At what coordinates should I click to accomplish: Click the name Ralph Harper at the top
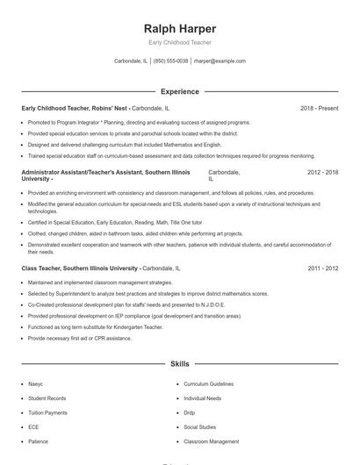(x=179, y=28)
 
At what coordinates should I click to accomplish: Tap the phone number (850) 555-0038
(x=171, y=61)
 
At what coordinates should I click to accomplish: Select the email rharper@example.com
(x=220, y=61)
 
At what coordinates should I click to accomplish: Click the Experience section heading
(x=179, y=91)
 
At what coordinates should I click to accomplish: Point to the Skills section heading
(x=179, y=362)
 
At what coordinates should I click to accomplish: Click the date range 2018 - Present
(x=319, y=108)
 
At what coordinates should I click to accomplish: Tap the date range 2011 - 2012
(x=323, y=268)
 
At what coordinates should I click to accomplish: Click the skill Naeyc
(x=35, y=384)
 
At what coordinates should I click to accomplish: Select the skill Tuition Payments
(x=47, y=412)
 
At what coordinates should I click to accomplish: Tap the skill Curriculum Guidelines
(x=208, y=384)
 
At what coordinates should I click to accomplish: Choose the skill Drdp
(x=190, y=412)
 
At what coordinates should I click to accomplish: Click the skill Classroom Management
(x=211, y=441)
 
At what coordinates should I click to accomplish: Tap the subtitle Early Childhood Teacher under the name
(x=179, y=42)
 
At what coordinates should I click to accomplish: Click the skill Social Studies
(x=200, y=427)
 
